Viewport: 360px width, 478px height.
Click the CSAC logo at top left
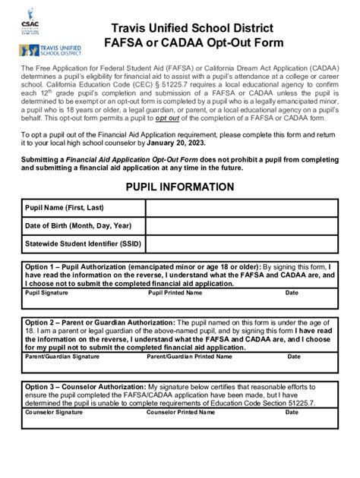pyautogui.click(x=30, y=21)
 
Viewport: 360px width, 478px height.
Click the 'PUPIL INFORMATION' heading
pyautogui.click(x=179, y=187)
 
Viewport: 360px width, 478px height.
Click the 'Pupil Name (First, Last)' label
pyautogui.click(x=64, y=208)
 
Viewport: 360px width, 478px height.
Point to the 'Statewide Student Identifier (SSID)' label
pyautogui.click(x=82, y=244)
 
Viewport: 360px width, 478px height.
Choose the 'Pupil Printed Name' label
pyautogui.click(x=175, y=292)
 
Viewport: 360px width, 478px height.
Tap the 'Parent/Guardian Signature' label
pyautogui.click(x=62, y=355)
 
